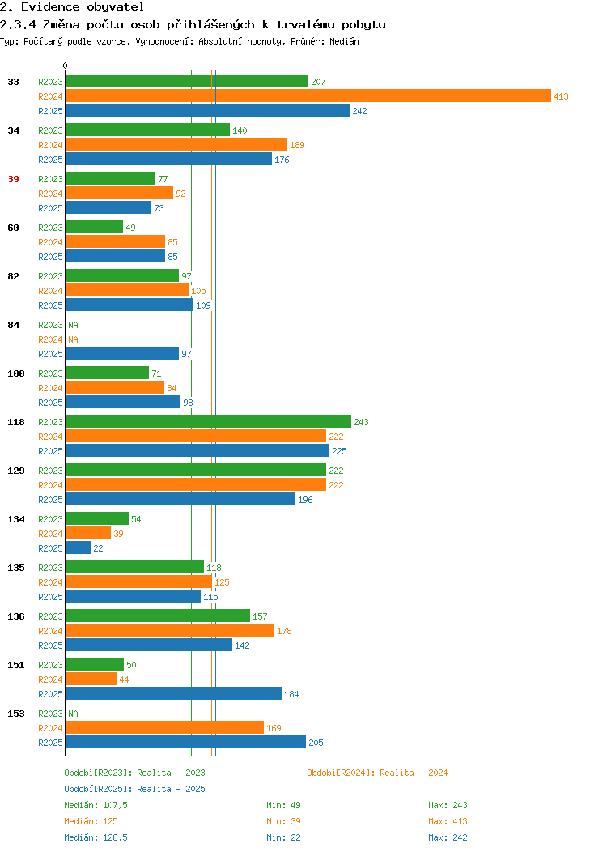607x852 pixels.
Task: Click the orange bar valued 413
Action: tap(308, 96)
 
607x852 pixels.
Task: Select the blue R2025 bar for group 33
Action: tap(208, 111)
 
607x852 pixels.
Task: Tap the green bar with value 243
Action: tap(209, 422)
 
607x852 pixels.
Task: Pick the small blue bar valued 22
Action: tap(79, 548)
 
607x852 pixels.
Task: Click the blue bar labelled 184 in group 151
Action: tap(174, 694)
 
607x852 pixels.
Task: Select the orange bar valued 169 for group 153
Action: tap(165, 728)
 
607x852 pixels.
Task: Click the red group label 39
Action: tap(14, 179)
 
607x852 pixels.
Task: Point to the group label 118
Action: tap(16, 422)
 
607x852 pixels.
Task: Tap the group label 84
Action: tap(14, 325)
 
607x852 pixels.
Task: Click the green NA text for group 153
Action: tap(74, 714)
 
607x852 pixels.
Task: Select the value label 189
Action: tap(297, 145)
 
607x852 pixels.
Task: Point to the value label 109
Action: tap(204, 305)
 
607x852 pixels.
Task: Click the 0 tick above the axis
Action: tap(66, 66)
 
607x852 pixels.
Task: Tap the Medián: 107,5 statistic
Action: tap(96, 805)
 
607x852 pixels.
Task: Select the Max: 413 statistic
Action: tap(448, 821)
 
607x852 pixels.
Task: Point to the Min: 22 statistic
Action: tap(283, 838)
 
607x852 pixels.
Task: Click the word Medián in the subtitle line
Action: tap(344, 41)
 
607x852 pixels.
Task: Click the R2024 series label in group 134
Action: tap(50, 535)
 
